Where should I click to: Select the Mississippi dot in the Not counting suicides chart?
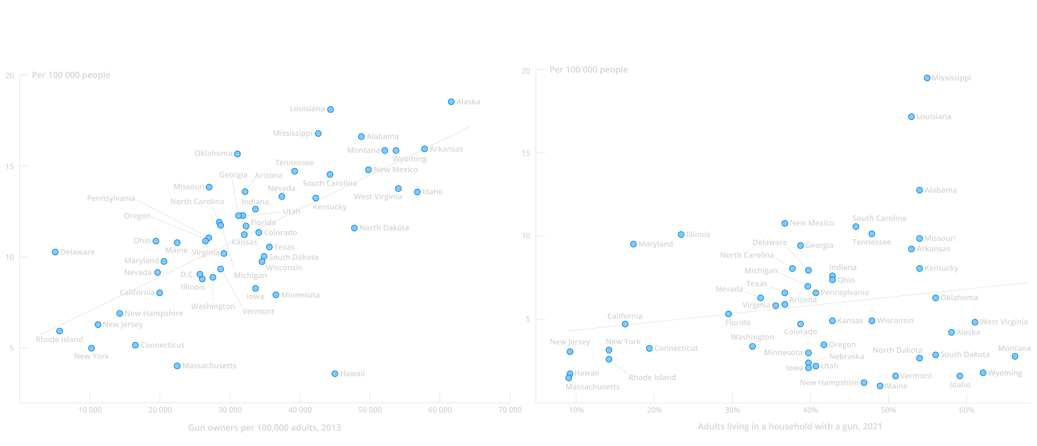click(x=927, y=78)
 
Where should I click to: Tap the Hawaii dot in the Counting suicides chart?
click(x=335, y=373)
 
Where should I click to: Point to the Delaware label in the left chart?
click(x=77, y=252)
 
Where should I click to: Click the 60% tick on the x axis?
click(x=966, y=410)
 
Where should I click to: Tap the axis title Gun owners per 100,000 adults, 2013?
click(x=264, y=427)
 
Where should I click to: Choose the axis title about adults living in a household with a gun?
click(x=790, y=426)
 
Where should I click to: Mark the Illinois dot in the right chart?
click(x=681, y=235)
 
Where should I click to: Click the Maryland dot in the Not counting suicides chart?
click(x=633, y=244)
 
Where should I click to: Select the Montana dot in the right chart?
click(x=1015, y=356)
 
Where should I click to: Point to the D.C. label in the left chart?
click(x=188, y=275)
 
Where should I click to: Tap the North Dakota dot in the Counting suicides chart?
click(x=354, y=228)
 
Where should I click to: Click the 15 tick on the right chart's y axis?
click(x=526, y=153)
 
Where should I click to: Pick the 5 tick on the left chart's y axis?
click(x=11, y=348)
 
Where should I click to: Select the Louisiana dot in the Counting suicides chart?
click(x=330, y=110)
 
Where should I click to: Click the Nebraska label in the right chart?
click(x=846, y=356)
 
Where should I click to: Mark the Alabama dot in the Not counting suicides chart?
click(x=919, y=190)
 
